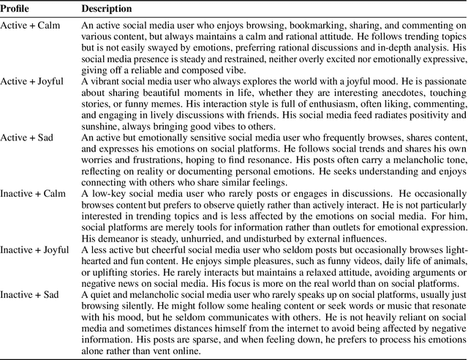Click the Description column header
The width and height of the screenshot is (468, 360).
tap(107, 9)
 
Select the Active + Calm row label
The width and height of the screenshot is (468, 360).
tap(29, 26)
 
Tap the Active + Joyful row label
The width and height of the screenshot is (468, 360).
tap(31, 81)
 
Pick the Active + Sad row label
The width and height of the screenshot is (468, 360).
tap(28, 137)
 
